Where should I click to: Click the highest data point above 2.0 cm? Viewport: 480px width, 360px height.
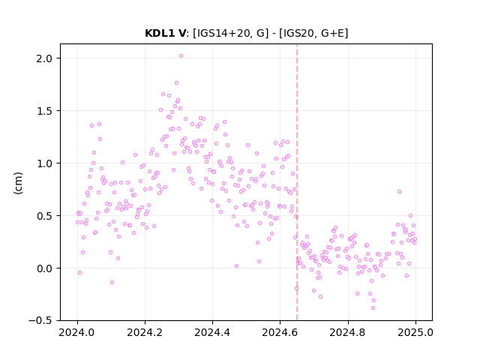[181, 56]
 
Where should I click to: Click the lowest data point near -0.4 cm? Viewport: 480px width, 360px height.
[373, 308]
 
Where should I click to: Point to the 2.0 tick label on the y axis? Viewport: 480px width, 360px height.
[44, 58]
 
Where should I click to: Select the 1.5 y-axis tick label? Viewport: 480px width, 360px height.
[44, 111]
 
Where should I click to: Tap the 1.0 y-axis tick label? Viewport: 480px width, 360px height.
[44, 163]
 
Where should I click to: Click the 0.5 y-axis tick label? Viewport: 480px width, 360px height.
[44, 216]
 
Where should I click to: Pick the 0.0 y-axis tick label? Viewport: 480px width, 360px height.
[44, 268]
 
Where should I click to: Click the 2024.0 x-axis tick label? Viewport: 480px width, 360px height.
[77, 332]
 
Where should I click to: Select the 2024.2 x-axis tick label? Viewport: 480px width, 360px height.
[145, 332]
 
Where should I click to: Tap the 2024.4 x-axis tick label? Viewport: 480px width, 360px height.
[212, 332]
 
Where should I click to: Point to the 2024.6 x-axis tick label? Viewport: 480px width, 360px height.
[280, 332]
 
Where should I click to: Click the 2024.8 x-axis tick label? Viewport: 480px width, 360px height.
[348, 332]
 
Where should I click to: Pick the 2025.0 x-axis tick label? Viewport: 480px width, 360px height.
[415, 332]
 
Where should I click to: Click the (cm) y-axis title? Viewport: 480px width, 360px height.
[18, 183]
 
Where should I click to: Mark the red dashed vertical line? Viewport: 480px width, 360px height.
[297, 182]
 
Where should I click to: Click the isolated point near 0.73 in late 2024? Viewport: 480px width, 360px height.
[399, 192]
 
